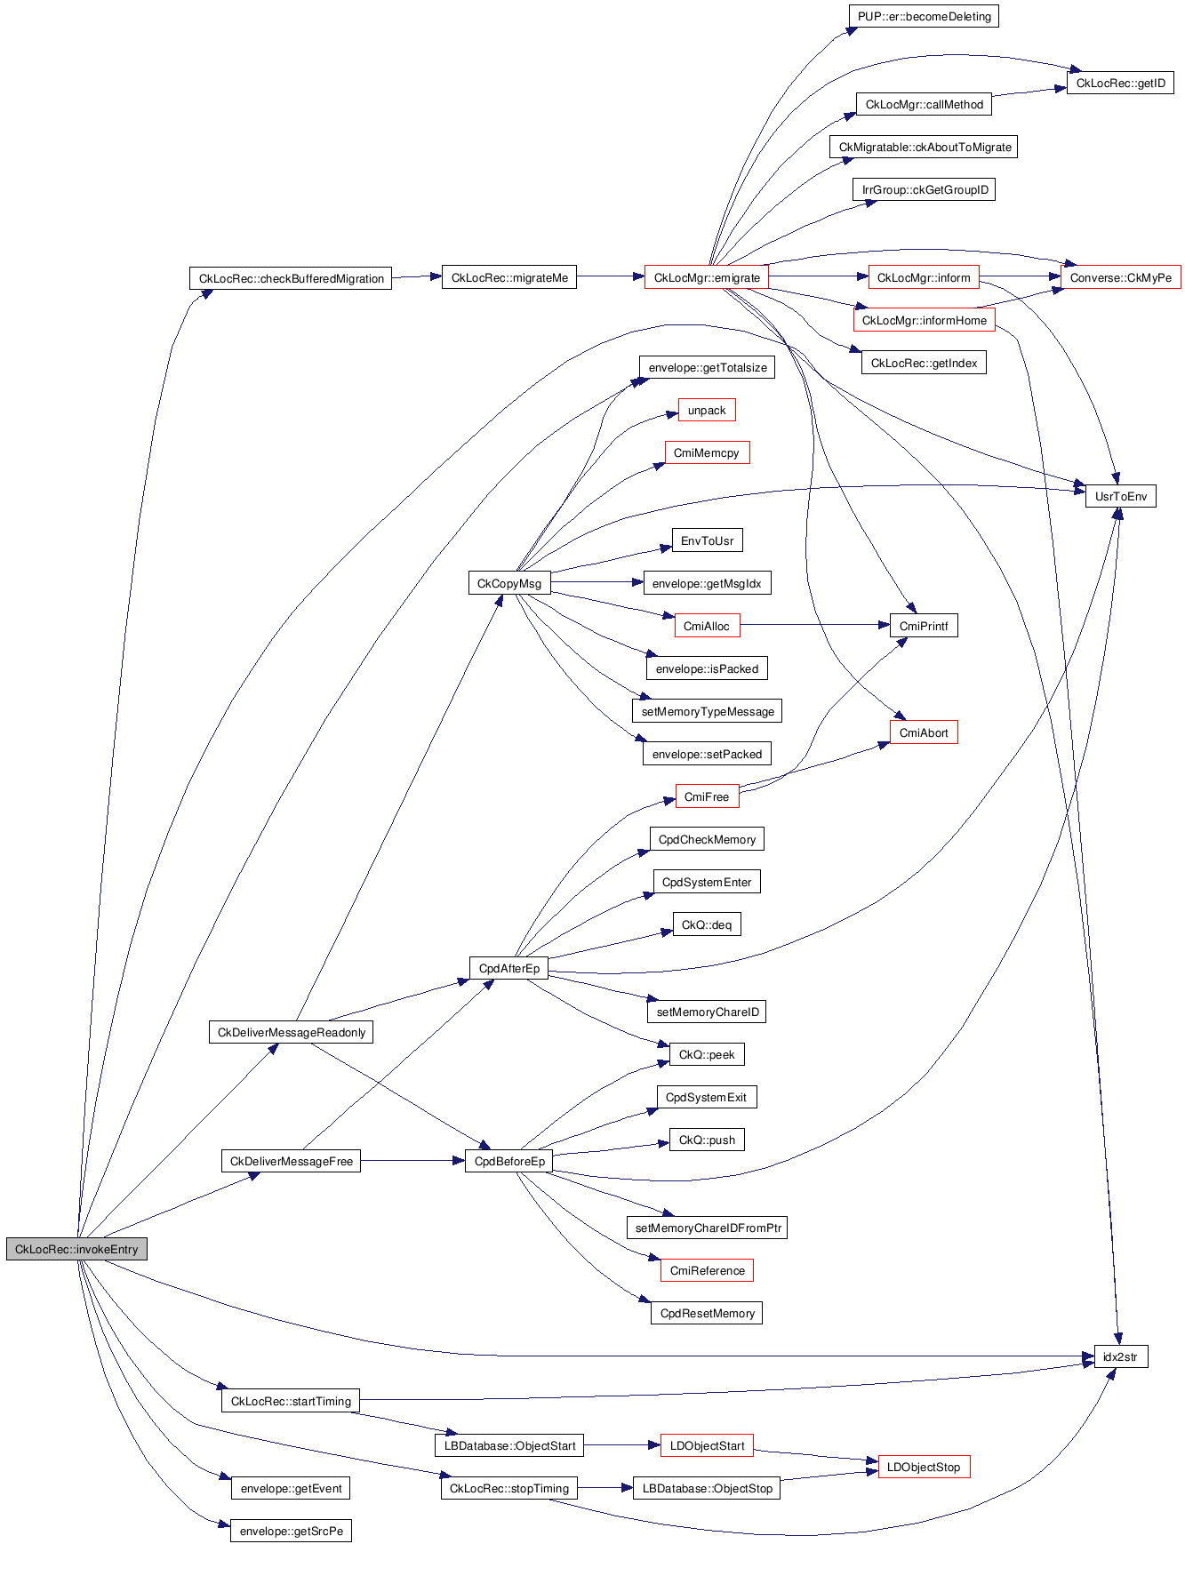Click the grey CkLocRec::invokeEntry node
(76, 1249)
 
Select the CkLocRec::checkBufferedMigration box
(291, 278)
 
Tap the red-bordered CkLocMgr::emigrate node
(707, 277)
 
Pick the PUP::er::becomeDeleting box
(924, 16)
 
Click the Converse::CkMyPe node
(1120, 277)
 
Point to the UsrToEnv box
(1120, 496)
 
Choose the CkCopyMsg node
(509, 583)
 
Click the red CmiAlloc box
(707, 626)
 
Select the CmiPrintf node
(924, 626)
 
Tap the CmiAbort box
(924, 732)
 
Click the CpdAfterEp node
(509, 968)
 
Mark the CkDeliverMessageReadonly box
(291, 1032)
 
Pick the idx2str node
(1120, 1356)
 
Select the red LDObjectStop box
(924, 1467)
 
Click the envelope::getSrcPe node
(291, 1531)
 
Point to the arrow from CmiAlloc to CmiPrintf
(813, 626)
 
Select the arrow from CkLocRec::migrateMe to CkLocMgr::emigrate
(610, 277)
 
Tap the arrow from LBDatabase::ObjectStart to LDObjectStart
(622, 1445)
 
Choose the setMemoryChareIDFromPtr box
(708, 1228)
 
